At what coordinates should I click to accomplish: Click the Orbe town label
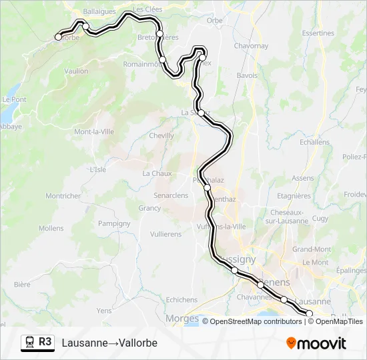(214, 21)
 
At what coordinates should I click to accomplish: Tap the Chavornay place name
(251, 46)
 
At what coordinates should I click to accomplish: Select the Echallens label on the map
(315, 142)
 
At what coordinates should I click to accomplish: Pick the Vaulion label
(77, 71)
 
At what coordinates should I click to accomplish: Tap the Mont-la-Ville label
(93, 131)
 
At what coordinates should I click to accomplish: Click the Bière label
(22, 284)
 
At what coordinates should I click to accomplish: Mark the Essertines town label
(318, 33)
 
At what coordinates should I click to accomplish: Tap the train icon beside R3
(29, 342)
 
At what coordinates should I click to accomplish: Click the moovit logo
(316, 343)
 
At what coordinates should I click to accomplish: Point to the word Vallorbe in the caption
(137, 343)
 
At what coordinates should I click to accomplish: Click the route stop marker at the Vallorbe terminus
(59, 37)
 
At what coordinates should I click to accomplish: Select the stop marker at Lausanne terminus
(309, 313)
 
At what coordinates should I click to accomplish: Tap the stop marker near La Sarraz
(201, 113)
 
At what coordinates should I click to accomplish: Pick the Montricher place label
(63, 196)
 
